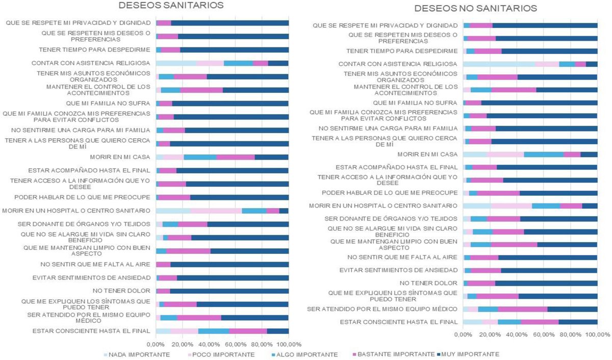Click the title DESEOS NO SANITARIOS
(475, 9)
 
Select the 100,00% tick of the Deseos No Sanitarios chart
(597, 335)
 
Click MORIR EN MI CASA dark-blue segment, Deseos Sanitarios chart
(271, 157)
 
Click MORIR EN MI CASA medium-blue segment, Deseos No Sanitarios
(543, 154)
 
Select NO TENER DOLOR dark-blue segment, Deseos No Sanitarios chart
(546, 283)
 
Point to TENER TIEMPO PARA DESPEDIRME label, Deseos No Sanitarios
(402, 51)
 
